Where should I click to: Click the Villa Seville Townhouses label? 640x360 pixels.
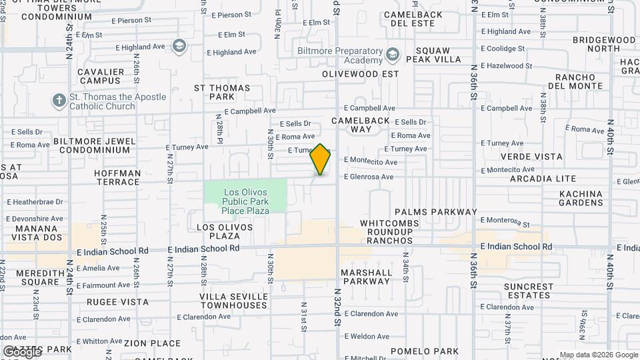point(233,301)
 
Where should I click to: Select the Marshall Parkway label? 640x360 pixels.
point(366,277)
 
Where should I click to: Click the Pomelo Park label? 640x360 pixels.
point(425,351)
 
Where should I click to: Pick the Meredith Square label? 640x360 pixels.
point(31,277)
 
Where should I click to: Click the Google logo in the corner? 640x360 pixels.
point(22,351)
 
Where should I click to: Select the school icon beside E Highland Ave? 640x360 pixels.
point(179,46)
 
